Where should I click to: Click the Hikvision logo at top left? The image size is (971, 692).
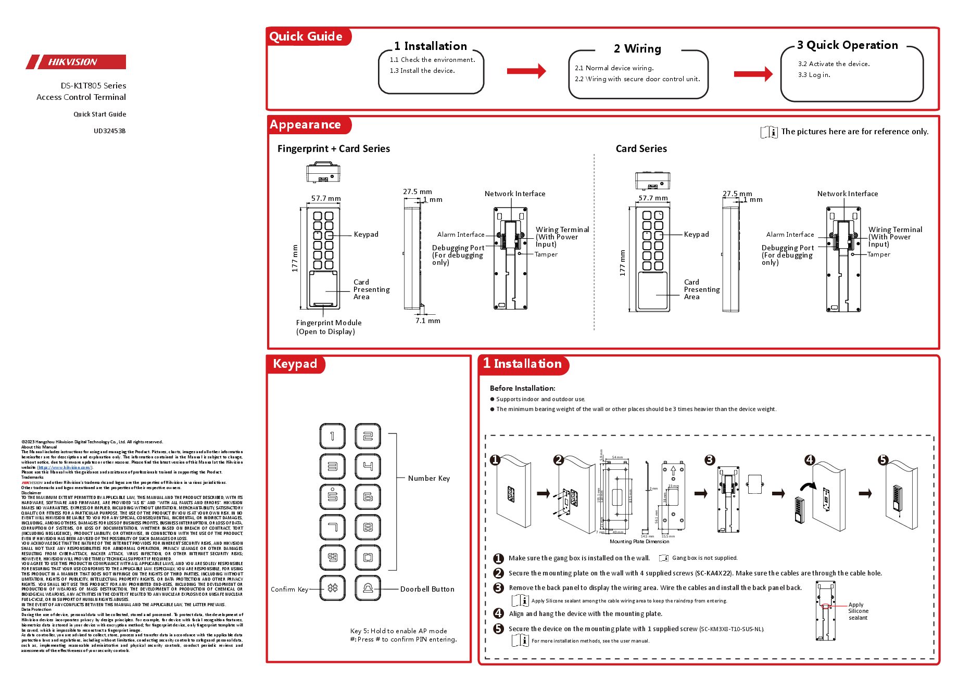coord(76,62)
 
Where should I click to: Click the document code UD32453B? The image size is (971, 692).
coord(109,131)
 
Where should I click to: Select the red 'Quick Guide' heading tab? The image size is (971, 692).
coord(306,36)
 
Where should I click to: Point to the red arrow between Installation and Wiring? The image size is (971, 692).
coord(526,71)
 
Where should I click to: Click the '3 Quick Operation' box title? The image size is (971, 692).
coord(847,45)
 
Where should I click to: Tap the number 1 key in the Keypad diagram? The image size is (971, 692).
coord(332,436)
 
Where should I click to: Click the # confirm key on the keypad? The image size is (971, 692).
coord(332,588)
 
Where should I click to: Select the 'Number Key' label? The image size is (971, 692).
coord(428,478)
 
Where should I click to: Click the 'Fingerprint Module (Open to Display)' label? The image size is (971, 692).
coord(329,327)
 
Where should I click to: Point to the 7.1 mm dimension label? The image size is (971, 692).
coord(427,321)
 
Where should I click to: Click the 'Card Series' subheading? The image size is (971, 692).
coord(641,149)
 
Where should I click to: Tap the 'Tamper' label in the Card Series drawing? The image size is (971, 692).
coord(878,254)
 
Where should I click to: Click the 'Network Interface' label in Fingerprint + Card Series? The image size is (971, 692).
coord(514,194)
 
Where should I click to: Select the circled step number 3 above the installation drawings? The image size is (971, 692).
coord(710,460)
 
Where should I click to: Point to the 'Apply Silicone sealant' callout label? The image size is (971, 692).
coord(857,611)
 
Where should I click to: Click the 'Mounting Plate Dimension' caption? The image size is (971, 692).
coord(639,542)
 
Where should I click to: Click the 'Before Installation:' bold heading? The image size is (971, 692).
coord(522,388)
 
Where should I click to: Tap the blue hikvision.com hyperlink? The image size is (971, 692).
coord(64,467)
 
